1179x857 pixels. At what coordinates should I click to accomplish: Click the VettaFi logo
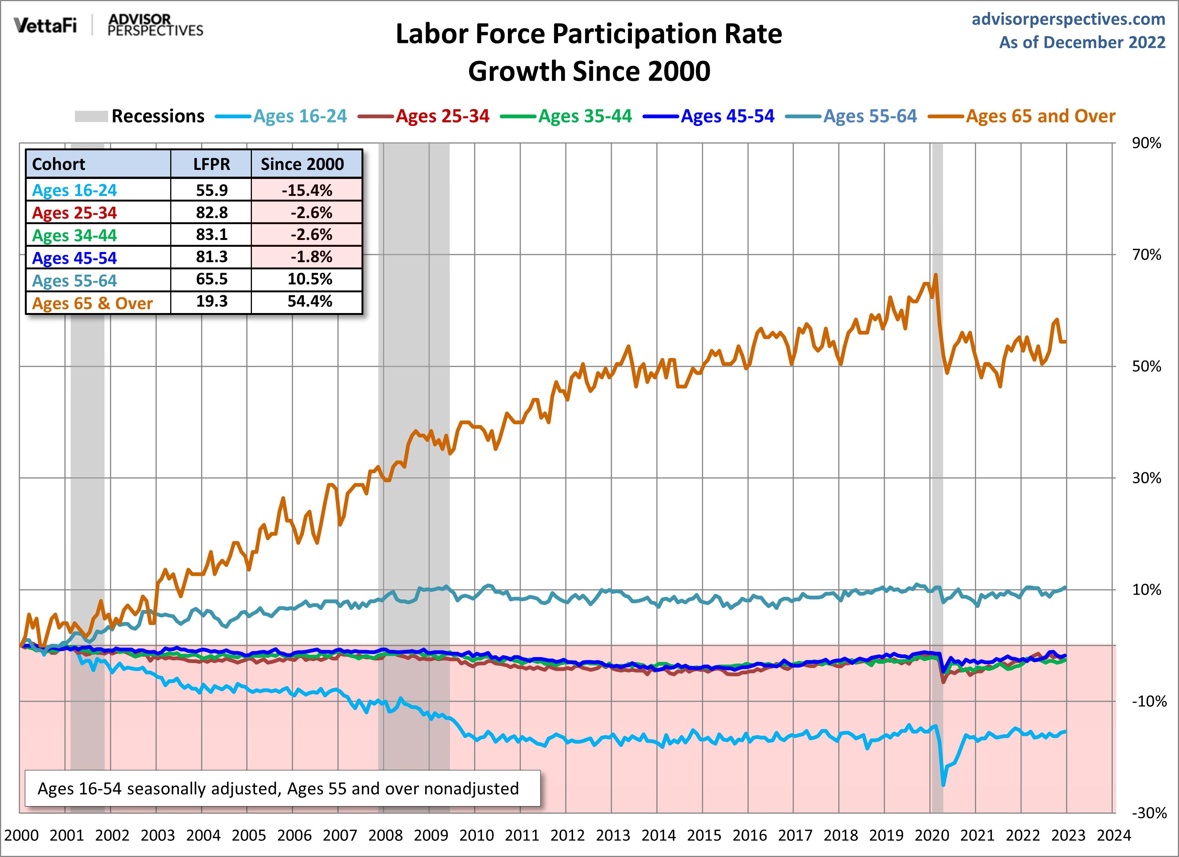[45, 24]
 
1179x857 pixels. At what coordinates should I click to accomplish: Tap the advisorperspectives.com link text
[1068, 19]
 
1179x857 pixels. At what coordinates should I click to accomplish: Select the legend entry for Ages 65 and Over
[1040, 116]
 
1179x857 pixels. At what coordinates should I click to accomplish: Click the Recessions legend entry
[157, 116]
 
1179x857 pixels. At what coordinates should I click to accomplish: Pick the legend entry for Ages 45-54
[727, 116]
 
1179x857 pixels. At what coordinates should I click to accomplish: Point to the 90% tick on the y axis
[1146, 143]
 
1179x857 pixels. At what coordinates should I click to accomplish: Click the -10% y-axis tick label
[1149, 701]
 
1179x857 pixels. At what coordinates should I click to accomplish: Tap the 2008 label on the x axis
[385, 835]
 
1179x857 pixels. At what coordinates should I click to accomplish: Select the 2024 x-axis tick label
[1113, 835]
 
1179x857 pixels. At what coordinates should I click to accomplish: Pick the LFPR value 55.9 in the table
[212, 190]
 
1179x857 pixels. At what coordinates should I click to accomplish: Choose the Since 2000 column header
[302, 164]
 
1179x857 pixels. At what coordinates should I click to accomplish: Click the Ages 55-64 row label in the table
[74, 281]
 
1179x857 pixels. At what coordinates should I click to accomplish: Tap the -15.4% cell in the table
[307, 190]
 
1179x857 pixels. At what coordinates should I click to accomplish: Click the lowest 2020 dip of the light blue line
[944, 784]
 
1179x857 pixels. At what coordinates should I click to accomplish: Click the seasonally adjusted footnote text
[278, 788]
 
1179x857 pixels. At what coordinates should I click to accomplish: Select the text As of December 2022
[1082, 42]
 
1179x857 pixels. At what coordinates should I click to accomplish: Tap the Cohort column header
[59, 164]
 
